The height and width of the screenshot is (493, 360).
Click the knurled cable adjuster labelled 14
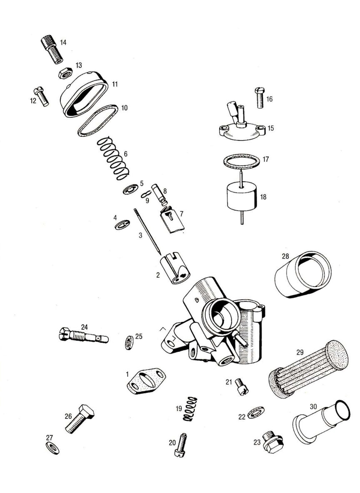click(x=52, y=50)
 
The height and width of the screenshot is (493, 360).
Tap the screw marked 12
click(x=41, y=96)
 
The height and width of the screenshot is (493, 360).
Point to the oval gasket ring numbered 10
click(x=98, y=121)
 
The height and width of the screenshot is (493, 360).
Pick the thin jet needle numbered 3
click(x=147, y=232)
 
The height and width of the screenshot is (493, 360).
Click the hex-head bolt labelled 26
click(x=80, y=419)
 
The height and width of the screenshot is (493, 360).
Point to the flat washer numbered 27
click(x=52, y=448)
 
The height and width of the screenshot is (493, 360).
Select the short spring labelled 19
click(x=190, y=409)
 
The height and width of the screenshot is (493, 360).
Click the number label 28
click(x=285, y=256)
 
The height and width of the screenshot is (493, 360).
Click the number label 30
click(x=313, y=406)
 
